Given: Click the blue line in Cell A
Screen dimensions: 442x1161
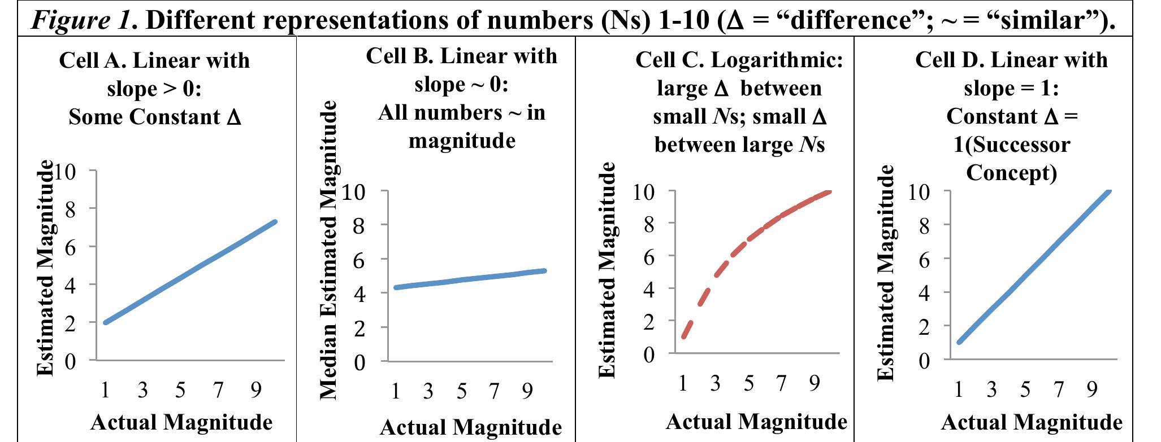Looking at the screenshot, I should coord(190,272).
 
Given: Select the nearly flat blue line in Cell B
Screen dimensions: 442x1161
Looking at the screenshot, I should coord(469,279).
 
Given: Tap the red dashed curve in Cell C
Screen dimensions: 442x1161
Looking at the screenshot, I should coord(735,251).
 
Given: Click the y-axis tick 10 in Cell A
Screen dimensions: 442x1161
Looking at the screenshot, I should coord(63,171).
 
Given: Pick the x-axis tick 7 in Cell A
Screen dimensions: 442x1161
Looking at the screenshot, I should coord(218,390).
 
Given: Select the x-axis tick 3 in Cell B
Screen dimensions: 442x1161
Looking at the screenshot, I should coord(428,391).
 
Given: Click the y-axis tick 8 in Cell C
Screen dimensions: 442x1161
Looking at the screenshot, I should coord(648,225).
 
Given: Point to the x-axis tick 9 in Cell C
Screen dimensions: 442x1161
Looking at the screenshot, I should coord(814,383).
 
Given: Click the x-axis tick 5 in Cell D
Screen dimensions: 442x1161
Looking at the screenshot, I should coord(1025,390).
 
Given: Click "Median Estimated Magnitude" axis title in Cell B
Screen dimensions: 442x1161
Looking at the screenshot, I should coord(329,250).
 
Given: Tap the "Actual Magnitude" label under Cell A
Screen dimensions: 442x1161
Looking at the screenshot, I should coord(181,422).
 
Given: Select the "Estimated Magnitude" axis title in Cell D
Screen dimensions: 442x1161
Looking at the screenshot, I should coord(886,273).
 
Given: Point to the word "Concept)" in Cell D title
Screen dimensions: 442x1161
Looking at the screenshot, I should coord(1011,173).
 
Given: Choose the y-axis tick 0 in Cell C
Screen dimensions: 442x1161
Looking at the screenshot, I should coord(648,354).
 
